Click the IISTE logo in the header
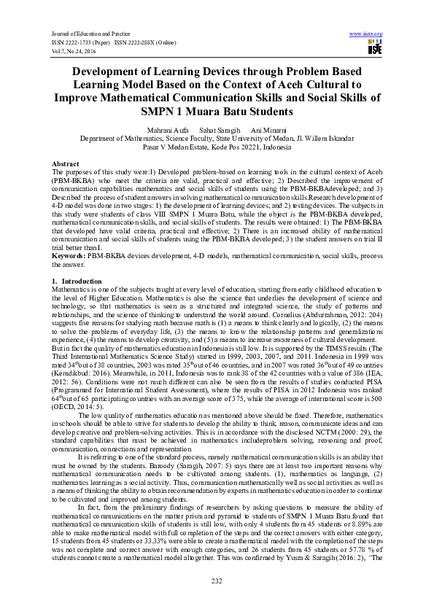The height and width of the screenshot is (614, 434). (375, 48)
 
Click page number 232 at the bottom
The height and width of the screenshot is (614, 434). (217, 580)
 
